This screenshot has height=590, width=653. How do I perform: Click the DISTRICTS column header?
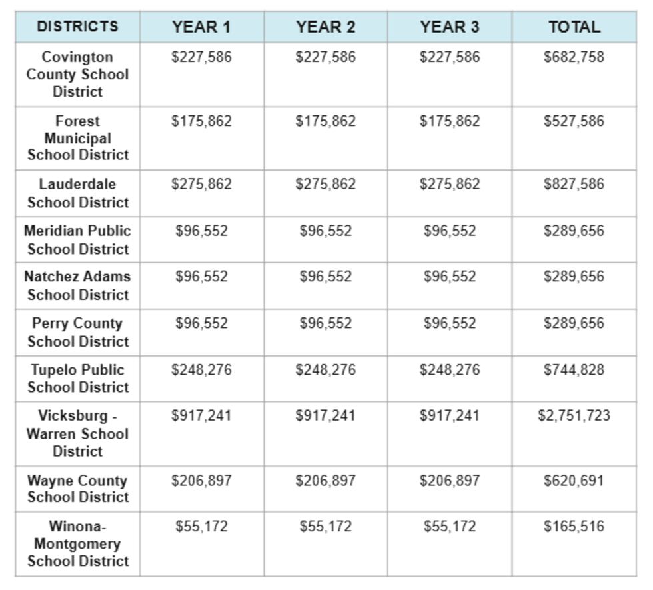point(77,27)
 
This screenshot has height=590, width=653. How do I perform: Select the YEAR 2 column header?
point(326,27)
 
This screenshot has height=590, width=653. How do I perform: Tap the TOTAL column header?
point(574,27)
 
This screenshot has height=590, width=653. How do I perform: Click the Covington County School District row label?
point(77,74)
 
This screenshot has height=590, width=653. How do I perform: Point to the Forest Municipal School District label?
point(77,138)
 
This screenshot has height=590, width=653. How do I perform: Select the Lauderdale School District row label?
point(77,193)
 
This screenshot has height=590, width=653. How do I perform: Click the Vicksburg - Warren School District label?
point(77,433)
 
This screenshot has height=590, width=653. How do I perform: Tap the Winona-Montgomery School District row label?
point(77,543)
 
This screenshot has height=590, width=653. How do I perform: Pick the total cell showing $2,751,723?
point(574,416)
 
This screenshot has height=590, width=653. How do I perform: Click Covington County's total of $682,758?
point(574,57)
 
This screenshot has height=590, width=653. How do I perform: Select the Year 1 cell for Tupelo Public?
point(201,370)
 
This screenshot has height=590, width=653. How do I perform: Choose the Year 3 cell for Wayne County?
point(450,481)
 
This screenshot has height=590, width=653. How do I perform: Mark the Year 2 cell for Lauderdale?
point(326,185)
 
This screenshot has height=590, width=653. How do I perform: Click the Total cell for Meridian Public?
point(574,231)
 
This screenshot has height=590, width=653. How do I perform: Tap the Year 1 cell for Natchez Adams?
point(201,277)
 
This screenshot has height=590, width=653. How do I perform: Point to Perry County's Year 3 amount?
point(450,323)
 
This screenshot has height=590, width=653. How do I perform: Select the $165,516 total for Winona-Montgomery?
point(574,527)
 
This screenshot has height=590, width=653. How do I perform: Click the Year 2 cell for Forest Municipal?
point(326,121)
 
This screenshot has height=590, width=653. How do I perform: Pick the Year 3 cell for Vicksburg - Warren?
point(450,416)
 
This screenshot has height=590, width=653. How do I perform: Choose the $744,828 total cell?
point(574,370)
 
